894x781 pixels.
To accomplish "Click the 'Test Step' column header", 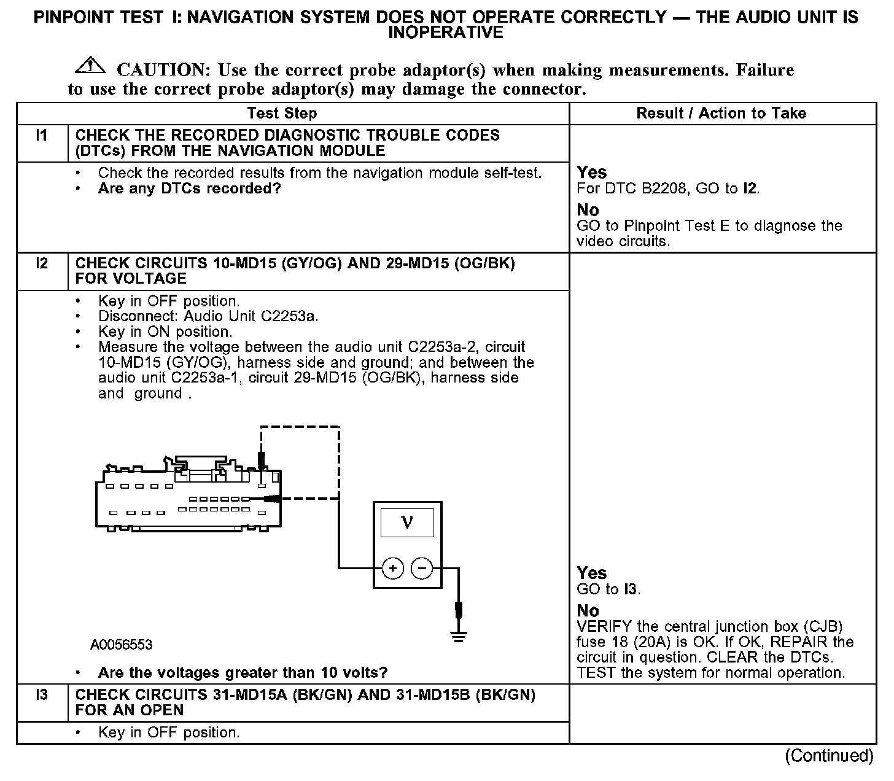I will (282, 113).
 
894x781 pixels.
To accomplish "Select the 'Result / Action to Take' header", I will (721, 113).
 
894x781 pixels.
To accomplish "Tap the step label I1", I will (42, 136).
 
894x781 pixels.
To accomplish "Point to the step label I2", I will (42, 263).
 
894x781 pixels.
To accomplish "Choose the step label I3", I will (42, 695).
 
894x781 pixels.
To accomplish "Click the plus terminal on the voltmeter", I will (393, 569).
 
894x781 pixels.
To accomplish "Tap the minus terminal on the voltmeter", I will (422, 569).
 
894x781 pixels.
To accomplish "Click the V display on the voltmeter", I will (407, 523).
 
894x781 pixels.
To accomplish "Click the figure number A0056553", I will (121, 645).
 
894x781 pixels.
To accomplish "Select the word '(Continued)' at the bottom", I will (828, 755).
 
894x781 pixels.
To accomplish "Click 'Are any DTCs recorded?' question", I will (189, 188).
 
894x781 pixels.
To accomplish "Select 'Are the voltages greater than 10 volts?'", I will (243, 673).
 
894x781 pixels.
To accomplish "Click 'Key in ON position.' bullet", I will (165, 332).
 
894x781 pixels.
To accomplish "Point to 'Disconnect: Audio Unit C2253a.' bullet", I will (208, 317).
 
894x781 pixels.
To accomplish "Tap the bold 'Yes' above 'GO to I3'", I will (591, 573).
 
